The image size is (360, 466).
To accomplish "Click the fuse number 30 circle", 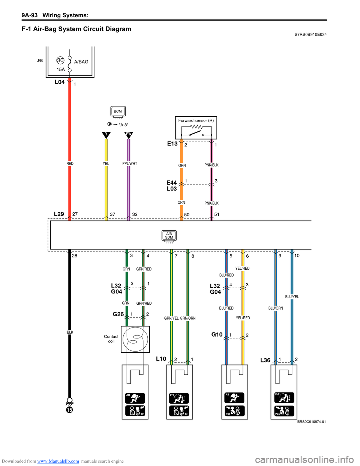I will click(60, 60).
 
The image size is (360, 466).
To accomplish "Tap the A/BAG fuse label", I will click(81, 62).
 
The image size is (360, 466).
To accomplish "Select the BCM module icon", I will click(118, 112).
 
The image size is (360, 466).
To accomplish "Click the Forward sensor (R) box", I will click(196, 128).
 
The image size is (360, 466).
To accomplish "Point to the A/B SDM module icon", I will click(169, 236).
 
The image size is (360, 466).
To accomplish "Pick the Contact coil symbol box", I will click(135, 339).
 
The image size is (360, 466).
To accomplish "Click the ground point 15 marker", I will click(69, 409).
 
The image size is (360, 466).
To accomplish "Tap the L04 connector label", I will click(60, 82).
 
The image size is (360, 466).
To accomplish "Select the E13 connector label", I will click(172, 144).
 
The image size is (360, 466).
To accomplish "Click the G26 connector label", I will click(118, 314).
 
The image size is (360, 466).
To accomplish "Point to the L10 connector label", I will click(161, 359).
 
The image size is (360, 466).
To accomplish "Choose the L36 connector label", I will click(265, 360).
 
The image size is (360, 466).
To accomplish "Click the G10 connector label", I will click(217, 335).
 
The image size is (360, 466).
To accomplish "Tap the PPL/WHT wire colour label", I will click(130, 164).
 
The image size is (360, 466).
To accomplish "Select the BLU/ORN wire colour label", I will click(276, 308).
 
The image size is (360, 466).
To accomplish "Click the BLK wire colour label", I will click(70, 332).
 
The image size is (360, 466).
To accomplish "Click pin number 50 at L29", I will click(187, 215).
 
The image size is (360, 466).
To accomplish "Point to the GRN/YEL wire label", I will click(171, 318).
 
